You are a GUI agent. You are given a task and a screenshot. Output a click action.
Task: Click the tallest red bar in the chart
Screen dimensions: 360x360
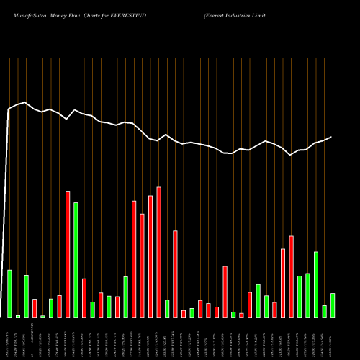(x=158, y=252)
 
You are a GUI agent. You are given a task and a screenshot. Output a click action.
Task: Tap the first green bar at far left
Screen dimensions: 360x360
(x=9, y=293)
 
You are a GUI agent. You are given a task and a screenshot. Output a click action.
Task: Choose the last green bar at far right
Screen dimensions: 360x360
(x=332, y=305)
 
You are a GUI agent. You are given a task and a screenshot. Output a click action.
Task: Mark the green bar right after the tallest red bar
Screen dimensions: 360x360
(x=167, y=308)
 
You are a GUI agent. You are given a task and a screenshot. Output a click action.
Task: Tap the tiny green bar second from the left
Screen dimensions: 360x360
(x=18, y=316)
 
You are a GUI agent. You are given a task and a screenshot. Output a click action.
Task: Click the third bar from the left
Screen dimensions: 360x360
(x=26, y=296)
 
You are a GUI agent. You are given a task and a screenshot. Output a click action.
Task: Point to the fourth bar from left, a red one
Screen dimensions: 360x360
(x=35, y=307)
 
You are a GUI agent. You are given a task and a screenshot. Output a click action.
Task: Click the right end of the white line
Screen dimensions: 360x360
(x=332, y=137)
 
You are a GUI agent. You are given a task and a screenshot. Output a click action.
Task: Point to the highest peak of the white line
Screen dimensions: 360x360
(x=25, y=102)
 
